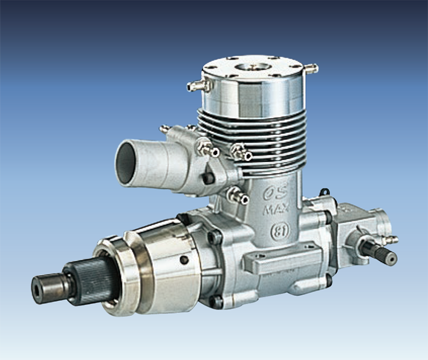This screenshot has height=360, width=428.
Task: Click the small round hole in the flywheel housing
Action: tap(184, 260)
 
